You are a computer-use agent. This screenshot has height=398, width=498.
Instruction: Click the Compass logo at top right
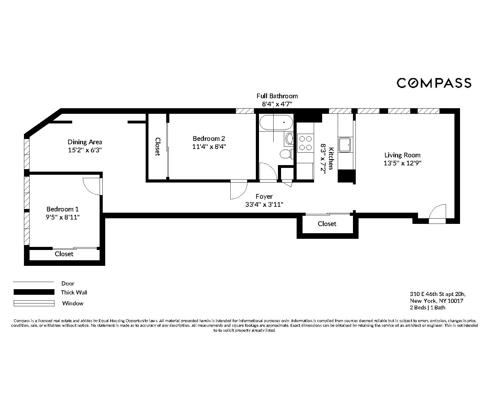click(x=434, y=83)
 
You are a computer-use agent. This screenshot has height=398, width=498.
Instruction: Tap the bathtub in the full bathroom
click(x=276, y=123)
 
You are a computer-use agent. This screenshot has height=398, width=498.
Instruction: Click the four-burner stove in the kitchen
click(x=305, y=143)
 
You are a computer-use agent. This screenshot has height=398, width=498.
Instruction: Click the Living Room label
click(x=402, y=155)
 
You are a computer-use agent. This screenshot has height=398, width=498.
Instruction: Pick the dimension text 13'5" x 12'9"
click(x=402, y=163)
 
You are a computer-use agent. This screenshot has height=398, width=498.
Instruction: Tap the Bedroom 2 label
click(x=209, y=138)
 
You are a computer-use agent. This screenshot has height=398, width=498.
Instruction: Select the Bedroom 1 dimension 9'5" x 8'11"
click(x=64, y=217)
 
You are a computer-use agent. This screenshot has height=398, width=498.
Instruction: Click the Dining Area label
click(x=85, y=142)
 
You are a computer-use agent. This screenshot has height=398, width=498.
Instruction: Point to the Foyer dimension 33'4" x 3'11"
click(x=264, y=204)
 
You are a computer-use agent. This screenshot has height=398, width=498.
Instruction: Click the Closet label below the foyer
click(x=327, y=224)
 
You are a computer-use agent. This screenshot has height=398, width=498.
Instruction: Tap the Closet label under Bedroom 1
click(x=64, y=254)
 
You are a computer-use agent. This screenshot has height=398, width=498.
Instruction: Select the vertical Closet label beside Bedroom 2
click(x=157, y=146)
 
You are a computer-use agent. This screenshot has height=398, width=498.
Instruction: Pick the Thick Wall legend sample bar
click(x=34, y=292)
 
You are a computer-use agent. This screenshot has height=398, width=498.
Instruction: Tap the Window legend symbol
click(x=34, y=303)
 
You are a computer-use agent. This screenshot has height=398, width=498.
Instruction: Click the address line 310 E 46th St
click(x=438, y=294)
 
